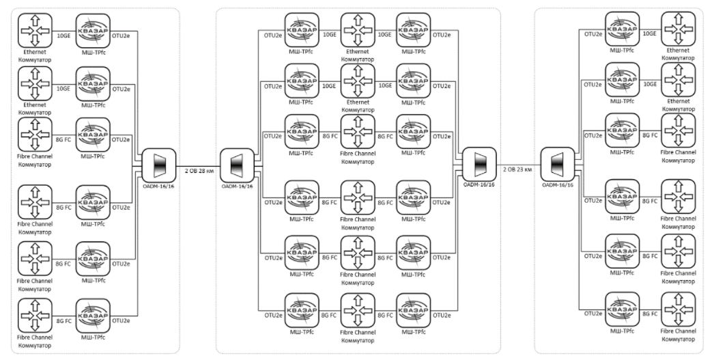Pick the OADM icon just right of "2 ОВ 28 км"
[x=237, y=164]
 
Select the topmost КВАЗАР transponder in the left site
[x=94, y=30]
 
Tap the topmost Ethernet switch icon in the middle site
[x=358, y=30]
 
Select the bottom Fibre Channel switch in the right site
[x=678, y=309]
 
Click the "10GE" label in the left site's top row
[x=64, y=33]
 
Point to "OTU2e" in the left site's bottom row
[x=121, y=320]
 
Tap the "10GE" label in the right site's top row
[x=651, y=32]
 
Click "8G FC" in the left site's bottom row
[x=64, y=320]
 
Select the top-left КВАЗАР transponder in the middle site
[x=301, y=30]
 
